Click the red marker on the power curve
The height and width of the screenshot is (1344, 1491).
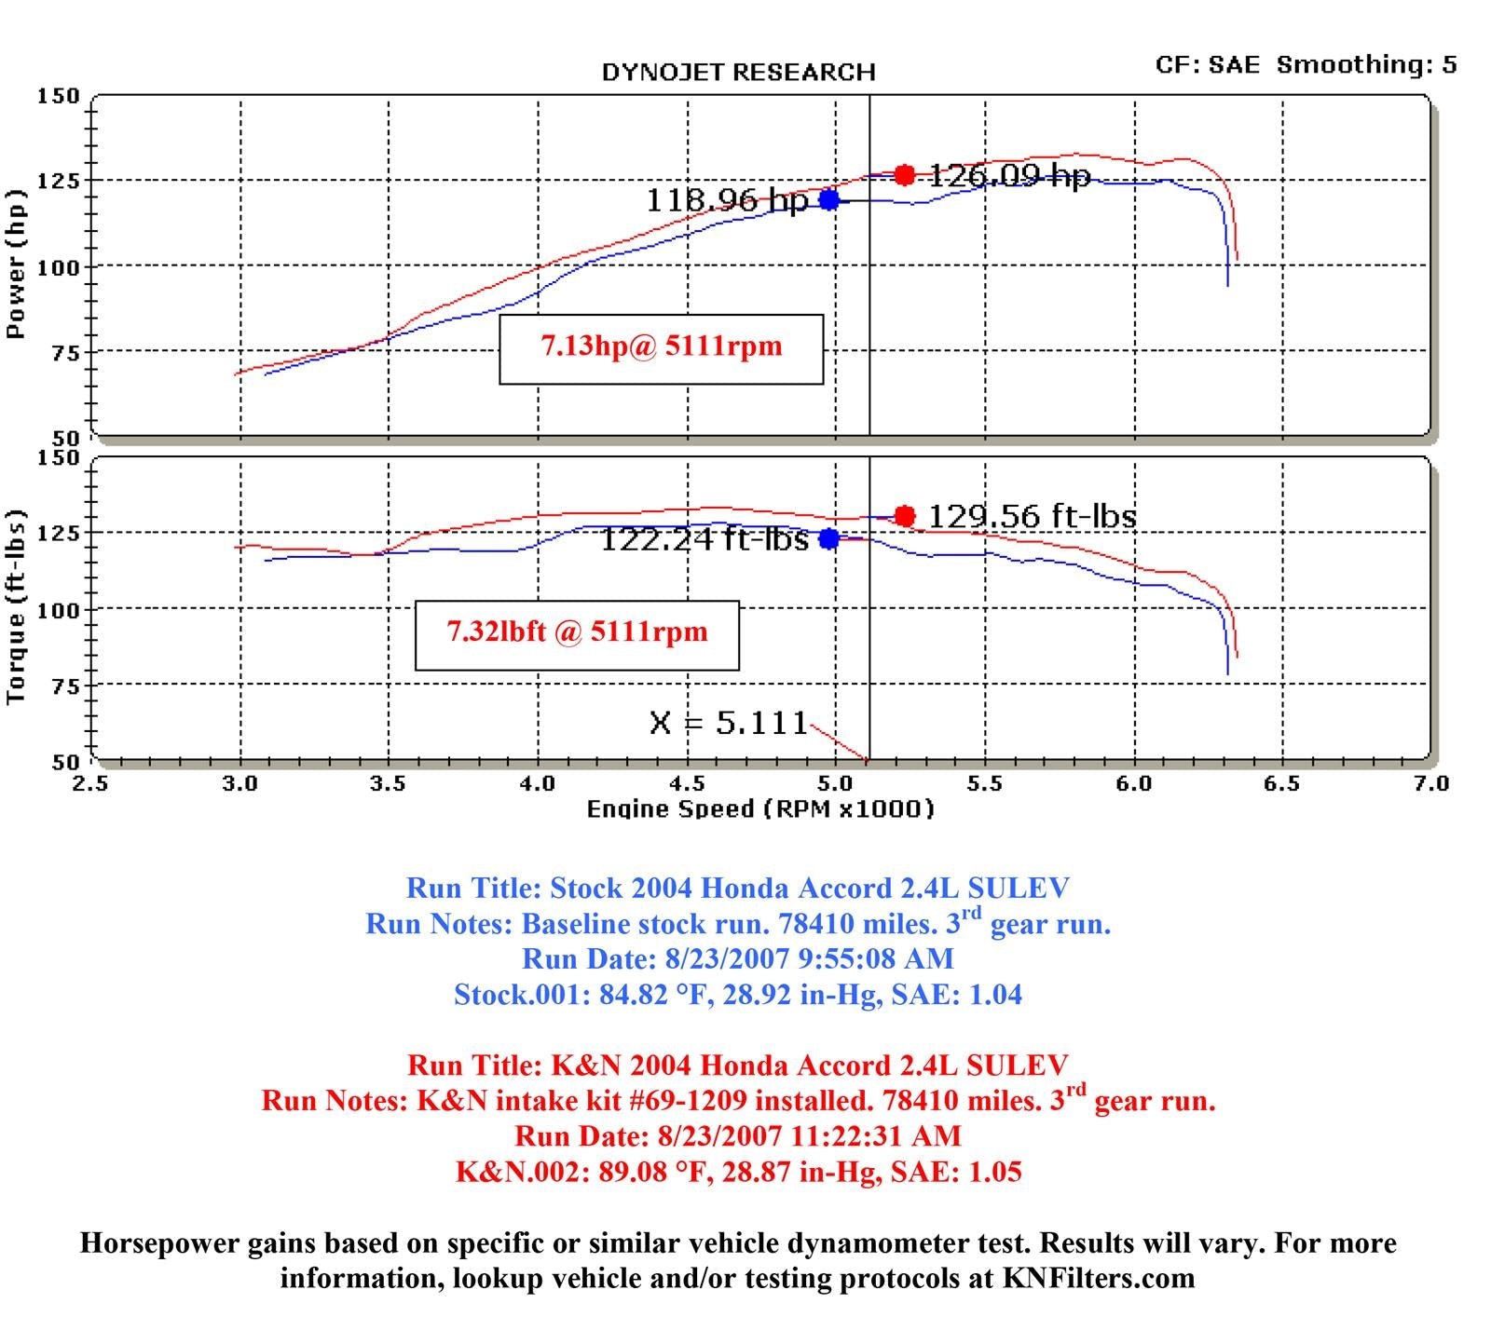[904, 175]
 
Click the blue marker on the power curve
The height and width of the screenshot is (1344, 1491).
[828, 200]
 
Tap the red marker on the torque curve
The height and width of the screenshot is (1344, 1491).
[904, 516]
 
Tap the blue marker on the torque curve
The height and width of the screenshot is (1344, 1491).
[828, 538]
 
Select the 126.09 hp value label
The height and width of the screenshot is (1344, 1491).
[1009, 175]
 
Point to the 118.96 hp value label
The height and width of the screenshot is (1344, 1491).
[727, 200]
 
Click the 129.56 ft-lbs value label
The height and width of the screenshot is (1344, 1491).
[1033, 516]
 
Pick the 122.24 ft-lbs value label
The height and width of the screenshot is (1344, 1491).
[704, 539]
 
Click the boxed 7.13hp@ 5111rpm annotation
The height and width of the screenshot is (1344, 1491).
[662, 347]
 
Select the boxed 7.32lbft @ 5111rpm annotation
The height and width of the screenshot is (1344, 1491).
[577, 633]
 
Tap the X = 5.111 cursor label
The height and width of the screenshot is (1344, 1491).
[729, 723]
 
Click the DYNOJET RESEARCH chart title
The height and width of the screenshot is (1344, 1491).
[738, 73]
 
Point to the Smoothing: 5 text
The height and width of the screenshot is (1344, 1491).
[1366, 64]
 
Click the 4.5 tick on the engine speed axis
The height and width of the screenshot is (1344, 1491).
[687, 783]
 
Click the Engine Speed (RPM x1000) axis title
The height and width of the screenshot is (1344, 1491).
[759, 808]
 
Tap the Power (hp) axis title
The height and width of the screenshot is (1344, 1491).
[15, 265]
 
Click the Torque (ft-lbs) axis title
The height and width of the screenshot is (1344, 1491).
[15, 606]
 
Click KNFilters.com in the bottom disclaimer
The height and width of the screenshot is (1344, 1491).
[1098, 1278]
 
